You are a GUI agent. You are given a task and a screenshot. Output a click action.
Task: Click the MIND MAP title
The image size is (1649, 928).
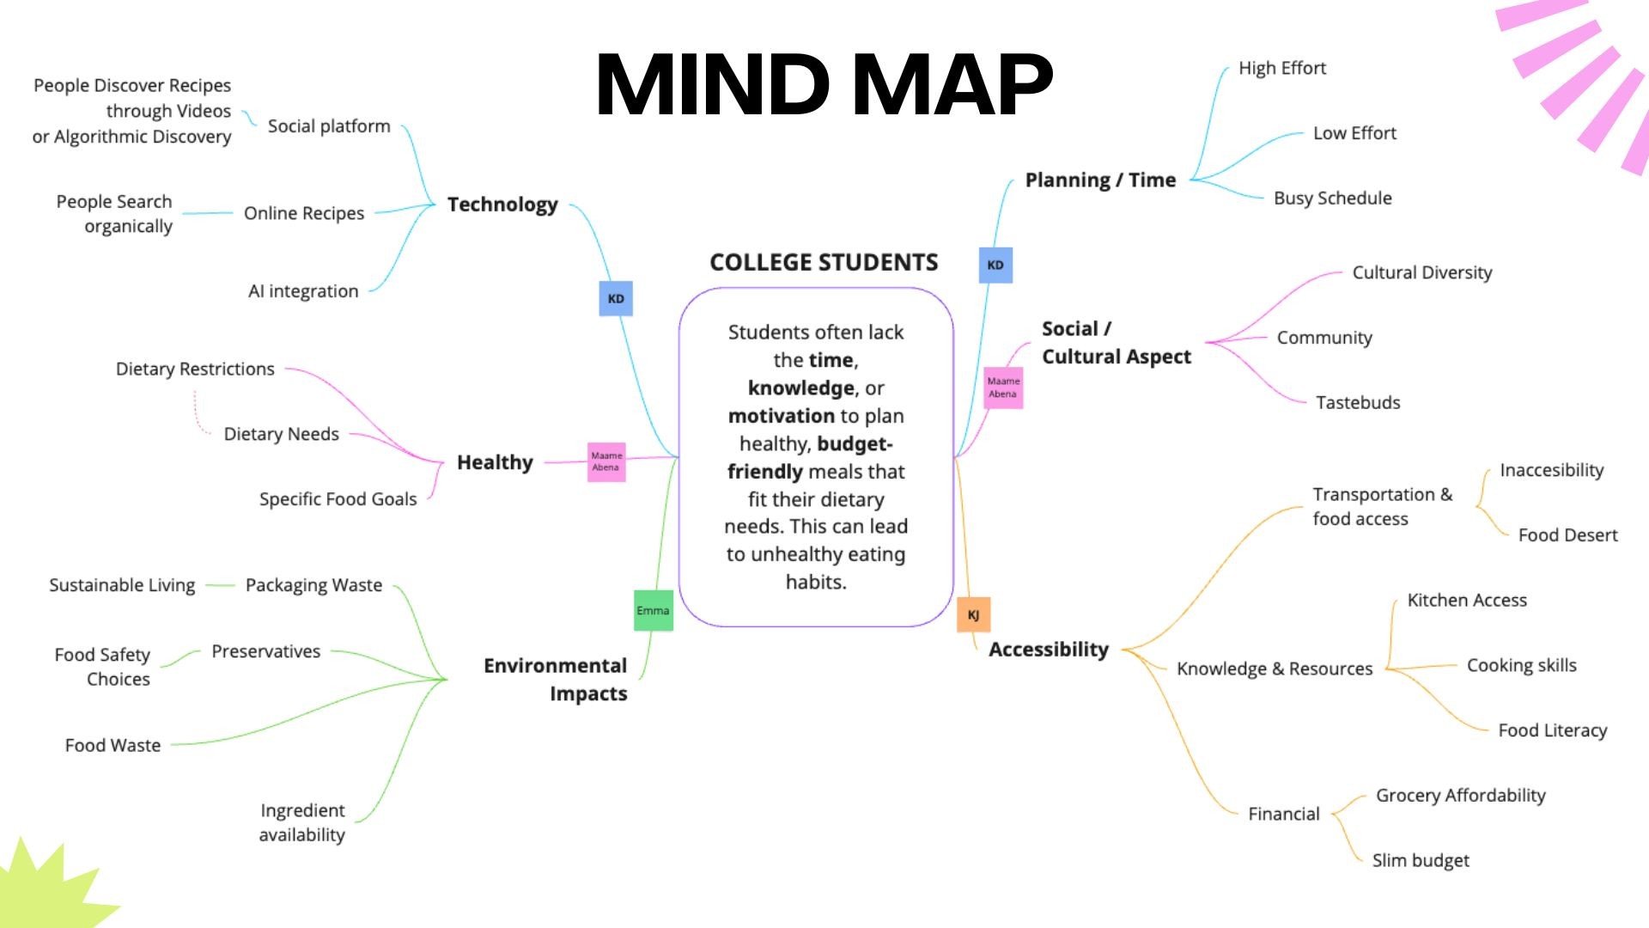824,84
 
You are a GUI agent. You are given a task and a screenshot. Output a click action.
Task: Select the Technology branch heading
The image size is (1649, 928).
502,205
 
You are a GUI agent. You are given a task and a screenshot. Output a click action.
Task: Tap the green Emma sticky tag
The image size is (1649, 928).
653,610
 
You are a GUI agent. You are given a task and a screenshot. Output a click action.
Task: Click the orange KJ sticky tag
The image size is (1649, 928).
973,614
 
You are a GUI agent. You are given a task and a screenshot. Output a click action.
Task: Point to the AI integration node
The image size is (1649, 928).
303,291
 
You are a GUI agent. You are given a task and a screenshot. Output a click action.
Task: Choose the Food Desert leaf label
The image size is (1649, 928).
1567,535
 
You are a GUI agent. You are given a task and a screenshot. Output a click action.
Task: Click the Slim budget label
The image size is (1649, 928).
1421,860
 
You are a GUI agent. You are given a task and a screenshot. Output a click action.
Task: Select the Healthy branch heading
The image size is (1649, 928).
495,462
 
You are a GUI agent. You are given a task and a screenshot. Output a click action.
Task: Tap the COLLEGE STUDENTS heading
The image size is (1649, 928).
824,262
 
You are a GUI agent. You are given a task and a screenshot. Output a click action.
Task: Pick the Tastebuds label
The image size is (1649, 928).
1358,402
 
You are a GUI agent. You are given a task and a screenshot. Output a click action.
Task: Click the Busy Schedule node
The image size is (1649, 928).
1332,198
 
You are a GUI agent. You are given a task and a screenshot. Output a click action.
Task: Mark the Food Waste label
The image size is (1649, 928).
113,745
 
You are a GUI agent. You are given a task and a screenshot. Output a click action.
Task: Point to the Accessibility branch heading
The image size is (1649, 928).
1049,650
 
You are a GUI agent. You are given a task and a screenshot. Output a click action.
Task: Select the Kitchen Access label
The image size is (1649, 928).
1467,600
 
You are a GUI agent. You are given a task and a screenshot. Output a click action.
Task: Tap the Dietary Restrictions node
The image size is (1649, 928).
195,369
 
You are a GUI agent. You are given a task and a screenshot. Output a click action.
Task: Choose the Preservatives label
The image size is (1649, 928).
265,651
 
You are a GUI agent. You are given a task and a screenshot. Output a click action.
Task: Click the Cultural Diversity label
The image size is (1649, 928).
1422,272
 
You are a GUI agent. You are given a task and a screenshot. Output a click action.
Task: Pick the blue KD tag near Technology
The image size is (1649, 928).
616,298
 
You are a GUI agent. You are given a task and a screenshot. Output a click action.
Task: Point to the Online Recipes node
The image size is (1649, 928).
304,213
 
